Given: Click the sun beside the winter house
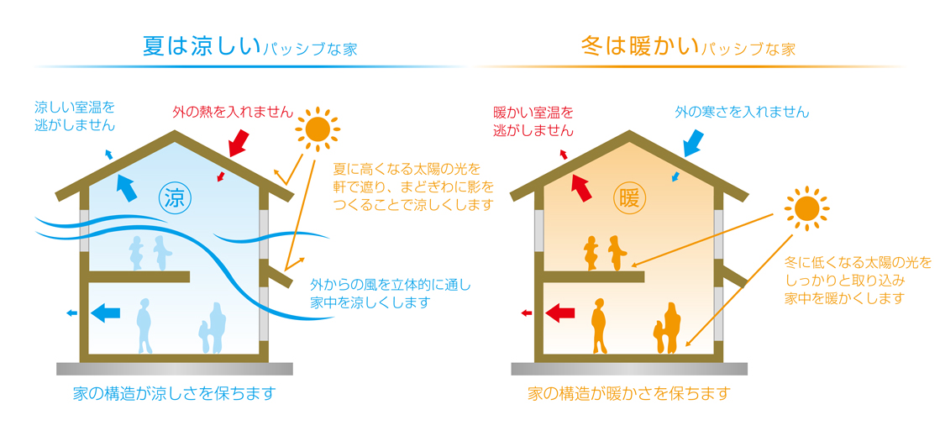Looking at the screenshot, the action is click(x=806, y=208).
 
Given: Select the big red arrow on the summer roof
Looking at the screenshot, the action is click(x=239, y=139).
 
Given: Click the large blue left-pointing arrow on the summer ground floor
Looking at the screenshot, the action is click(x=105, y=312).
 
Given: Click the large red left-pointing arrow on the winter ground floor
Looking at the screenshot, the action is click(x=560, y=312).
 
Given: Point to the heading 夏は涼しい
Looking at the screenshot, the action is click(x=202, y=46).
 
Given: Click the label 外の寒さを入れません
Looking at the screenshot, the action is click(x=742, y=112).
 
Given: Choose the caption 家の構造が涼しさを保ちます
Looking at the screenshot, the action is click(x=173, y=393).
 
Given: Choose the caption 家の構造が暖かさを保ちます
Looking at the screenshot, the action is click(x=629, y=393).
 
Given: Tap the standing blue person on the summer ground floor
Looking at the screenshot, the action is click(x=145, y=326).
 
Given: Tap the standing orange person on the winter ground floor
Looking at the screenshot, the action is click(x=600, y=326).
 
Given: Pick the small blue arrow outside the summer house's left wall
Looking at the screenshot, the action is click(x=71, y=313).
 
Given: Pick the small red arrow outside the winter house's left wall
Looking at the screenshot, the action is click(x=527, y=313).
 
